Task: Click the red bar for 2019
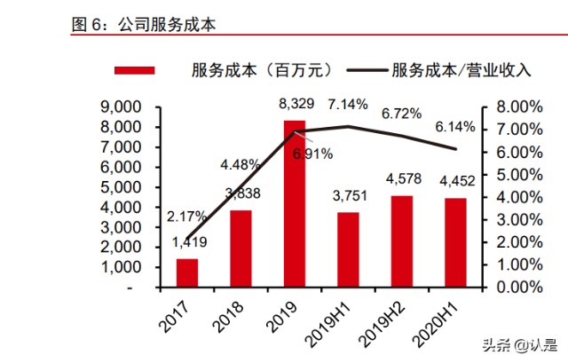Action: pos(295,204)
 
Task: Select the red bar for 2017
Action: pos(187,272)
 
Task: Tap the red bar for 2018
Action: pos(241,249)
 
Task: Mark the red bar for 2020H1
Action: pos(454,242)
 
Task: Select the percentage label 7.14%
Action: pos(348,105)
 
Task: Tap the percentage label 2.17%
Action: pos(186,216)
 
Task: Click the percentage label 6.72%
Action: pos(401,114)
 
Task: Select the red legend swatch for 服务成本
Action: pos(134,69)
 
